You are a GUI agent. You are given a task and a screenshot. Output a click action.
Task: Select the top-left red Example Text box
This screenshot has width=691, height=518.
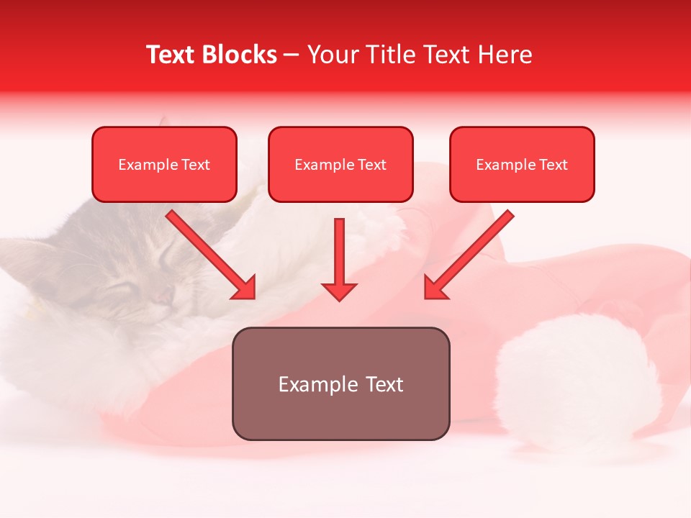point(164,165)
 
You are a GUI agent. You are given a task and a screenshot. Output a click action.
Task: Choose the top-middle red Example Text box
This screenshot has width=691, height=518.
point(340,165)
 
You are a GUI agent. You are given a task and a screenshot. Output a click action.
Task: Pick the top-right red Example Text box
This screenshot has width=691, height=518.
point(522,165)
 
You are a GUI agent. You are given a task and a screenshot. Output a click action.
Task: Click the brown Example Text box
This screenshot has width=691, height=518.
point(340,383)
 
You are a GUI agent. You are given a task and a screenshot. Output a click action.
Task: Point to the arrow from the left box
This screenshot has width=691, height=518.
point(212,255)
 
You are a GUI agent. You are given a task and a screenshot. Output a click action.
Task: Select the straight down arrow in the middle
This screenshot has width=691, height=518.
point(339,260)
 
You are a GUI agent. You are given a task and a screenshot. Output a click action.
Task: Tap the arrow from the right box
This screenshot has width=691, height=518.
point(469,255)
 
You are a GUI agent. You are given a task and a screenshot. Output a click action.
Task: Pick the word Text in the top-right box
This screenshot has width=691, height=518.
point(554,165)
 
